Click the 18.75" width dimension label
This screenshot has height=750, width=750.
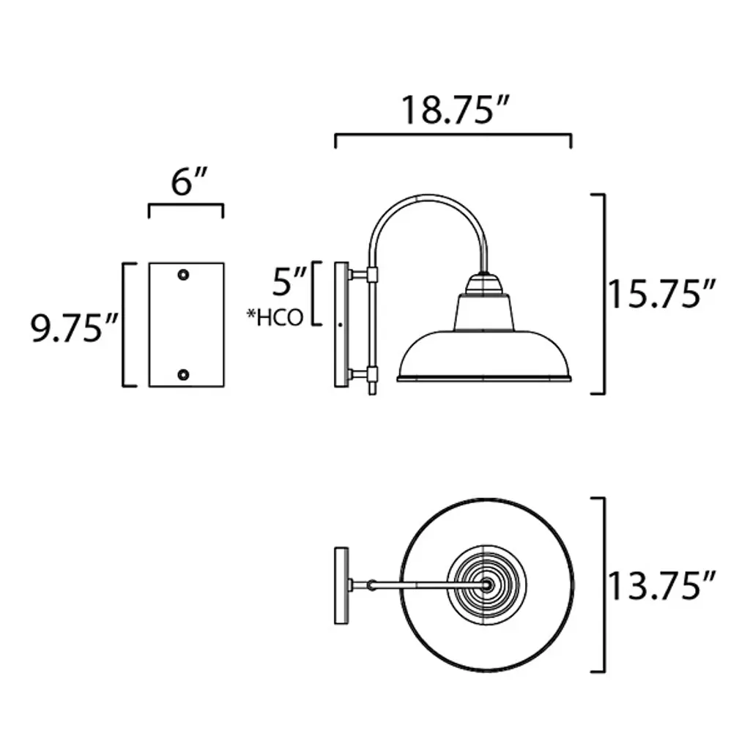(x=455, y=111)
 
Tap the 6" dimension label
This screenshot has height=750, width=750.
(x=190, y=182)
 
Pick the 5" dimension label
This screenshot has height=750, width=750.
(x=289, y=282)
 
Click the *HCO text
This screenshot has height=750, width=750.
(x=275, y=318)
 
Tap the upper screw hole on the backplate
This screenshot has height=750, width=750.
(x=183, y=275)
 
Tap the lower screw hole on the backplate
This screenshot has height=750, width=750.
(x=183, y=374)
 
